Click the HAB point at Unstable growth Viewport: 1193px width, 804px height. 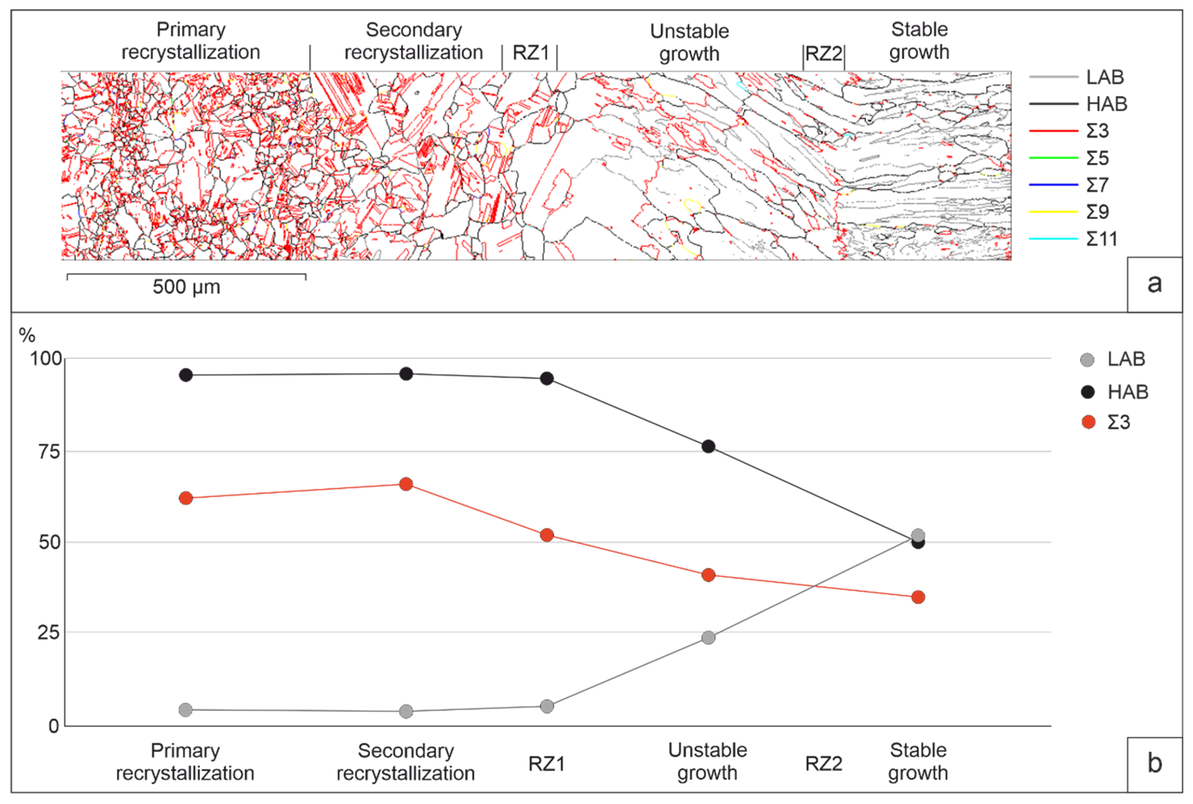(708, 447)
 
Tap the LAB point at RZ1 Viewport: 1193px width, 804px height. (547, 706)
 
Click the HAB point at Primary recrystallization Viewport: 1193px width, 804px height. (186, 375)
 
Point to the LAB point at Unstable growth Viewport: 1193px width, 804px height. (708, 637)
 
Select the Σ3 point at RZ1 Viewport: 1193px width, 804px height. (547, 535)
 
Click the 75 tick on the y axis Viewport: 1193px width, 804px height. (49, 452)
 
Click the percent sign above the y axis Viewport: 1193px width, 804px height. (27, 336)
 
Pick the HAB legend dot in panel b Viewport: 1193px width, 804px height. (1087, 392)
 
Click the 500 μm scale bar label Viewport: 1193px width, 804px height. (186, 287)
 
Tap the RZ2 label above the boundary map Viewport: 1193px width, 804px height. (823, 53)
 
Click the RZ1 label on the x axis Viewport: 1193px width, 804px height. (547, 764)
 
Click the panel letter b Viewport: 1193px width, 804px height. (1154, 764)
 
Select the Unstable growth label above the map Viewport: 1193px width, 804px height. (689, 43)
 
